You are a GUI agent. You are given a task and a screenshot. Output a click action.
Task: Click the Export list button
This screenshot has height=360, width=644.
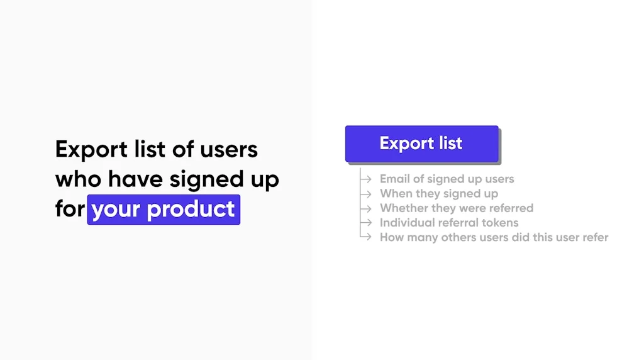tap(421, 143)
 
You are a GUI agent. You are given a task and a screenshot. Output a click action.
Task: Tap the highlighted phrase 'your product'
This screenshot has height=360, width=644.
tap(164, 210)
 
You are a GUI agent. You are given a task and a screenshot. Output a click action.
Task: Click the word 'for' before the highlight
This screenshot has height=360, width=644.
tap(69, 210)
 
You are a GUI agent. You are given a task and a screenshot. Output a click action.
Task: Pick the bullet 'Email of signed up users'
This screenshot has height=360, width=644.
tap(447, 179)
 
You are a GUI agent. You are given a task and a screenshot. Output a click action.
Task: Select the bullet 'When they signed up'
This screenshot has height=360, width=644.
tap(439, 194)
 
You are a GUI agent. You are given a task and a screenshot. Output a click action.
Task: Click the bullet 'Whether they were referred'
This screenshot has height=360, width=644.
tap(457, 208)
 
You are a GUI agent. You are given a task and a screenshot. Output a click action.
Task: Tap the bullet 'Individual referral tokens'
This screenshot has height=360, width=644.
tap(449, 223)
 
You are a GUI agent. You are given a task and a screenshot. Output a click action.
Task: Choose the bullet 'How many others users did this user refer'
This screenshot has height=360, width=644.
tap(494, 237)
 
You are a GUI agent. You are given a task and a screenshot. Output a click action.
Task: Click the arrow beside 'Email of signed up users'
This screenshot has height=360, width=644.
tap(365, 179)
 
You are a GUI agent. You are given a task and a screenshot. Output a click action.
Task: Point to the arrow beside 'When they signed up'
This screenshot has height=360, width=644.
tap(365, 194)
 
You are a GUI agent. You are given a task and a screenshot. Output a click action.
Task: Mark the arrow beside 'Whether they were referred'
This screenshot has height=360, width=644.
tap(365, 208)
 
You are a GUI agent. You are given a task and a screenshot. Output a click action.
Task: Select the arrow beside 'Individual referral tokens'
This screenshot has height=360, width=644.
tap(365, 223)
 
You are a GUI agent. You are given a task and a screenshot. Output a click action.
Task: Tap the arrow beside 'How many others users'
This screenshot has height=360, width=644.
tap(365, 237)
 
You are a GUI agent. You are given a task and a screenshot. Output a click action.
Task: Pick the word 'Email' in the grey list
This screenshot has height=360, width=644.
tap(394, 179)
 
